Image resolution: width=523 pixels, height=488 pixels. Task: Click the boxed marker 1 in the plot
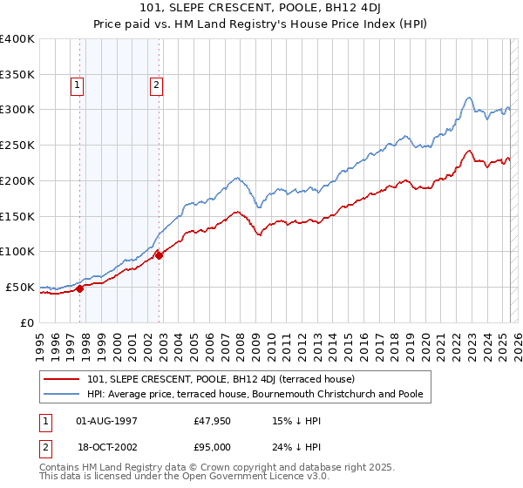(x=78, y=85)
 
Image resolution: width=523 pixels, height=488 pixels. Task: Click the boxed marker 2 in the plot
(x=156, y=85)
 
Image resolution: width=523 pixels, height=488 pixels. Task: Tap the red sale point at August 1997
(x=79, y=288)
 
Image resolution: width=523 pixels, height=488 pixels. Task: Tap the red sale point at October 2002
(x=160, y=255)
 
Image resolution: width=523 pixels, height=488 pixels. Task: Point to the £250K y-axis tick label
(x=17, y=145)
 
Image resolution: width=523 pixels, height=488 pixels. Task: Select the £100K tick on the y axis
(x=17, y=251)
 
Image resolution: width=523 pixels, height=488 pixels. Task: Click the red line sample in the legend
(x=63, y=380)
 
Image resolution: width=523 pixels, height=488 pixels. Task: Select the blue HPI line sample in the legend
(x=63, y=394)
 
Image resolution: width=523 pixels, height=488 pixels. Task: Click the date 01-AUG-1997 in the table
(x=107, y=420)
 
